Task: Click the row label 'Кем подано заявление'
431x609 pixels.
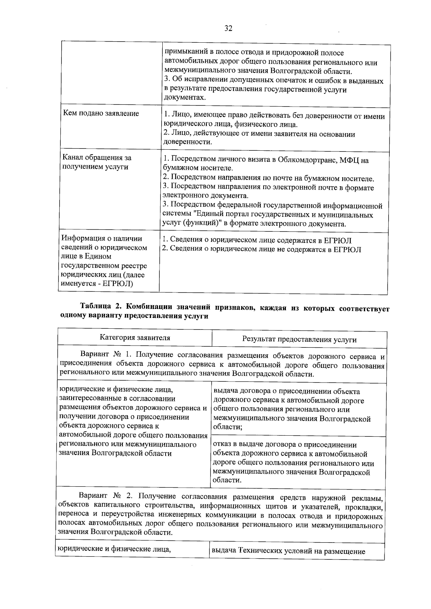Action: point(101,114)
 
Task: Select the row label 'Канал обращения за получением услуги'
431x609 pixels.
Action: point(97,162)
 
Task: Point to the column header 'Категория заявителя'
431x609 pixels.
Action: point(135,338)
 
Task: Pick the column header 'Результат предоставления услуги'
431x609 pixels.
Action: point(299,339)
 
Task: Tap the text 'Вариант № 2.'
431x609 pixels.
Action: point(107,496)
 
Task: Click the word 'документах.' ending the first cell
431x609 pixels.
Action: point(185,98)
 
